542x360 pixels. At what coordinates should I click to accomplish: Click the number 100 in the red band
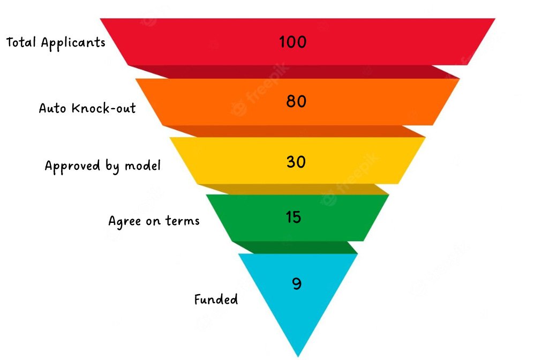pos(292,42)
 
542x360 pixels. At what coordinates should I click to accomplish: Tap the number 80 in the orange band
pos(296,101)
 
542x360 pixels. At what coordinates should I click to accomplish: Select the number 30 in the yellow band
pos(296,162)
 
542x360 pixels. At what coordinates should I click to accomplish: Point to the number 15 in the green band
pos(293,217)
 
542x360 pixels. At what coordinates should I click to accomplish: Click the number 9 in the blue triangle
pos(297,283)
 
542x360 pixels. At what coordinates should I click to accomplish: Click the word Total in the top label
pos(20,42)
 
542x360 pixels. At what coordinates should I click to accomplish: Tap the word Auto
pos(52,108)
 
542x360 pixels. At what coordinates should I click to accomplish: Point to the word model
pos(142,166)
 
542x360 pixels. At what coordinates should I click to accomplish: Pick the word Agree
pos(125,221)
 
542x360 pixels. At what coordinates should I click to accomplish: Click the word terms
pos(182,221)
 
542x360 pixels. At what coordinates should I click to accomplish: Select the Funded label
pos(216,299)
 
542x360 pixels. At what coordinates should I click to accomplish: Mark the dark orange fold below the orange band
pos(295,131)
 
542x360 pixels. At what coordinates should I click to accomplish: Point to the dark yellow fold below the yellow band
pos(295,189)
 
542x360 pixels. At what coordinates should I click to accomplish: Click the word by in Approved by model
pos(111,167)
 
